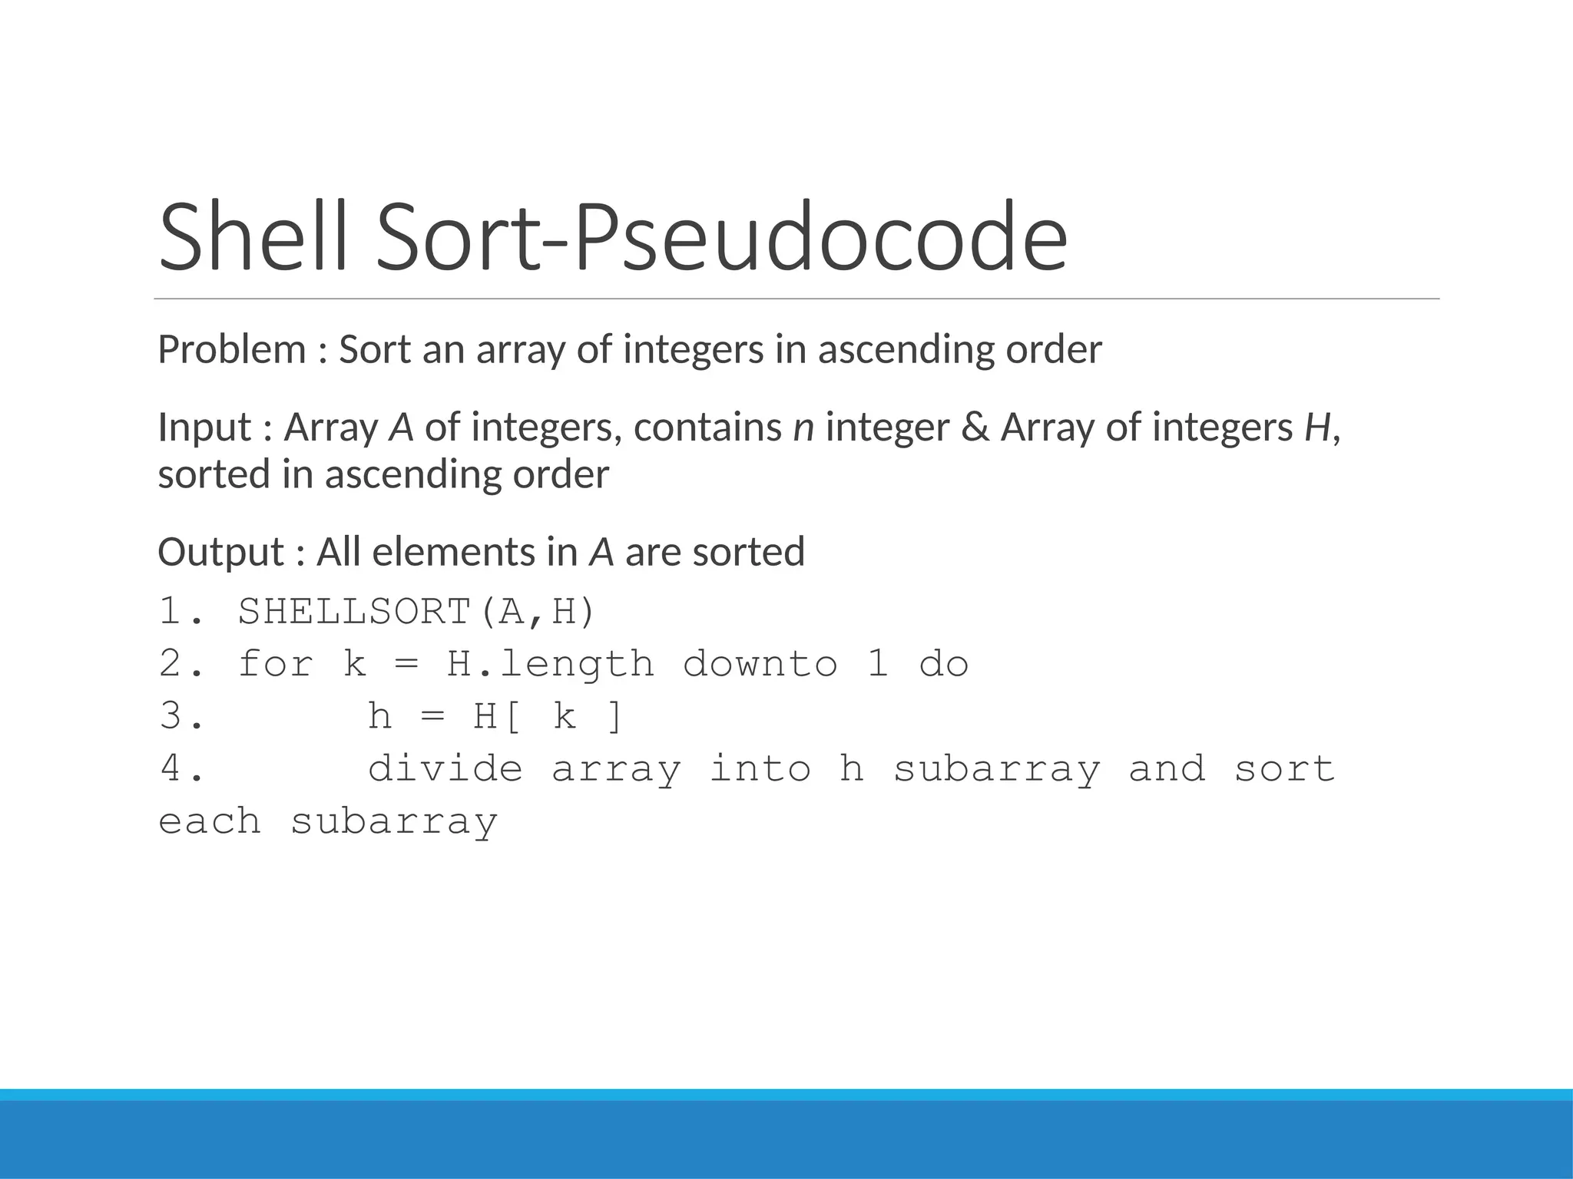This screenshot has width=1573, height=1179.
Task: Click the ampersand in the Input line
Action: coord(975,428)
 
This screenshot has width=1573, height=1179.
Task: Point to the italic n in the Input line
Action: coord(803,428)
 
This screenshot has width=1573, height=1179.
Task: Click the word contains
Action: coord(707,428)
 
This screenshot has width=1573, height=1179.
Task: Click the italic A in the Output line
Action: coord(601,552)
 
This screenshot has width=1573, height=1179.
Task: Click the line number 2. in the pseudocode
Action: coord(181,664)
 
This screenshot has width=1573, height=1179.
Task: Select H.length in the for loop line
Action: coord(550,664)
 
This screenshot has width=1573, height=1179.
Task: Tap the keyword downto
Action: coord(760,664)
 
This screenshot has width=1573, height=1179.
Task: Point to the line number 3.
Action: coord(181,716)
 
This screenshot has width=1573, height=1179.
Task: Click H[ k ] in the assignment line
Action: coord(547,716)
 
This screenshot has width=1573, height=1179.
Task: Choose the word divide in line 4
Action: coord(445,768)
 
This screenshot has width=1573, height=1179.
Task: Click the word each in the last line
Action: coord(209,821)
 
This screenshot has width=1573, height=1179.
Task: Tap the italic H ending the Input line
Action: coord(1316,428)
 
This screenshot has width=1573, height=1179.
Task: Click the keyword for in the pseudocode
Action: coord(276,664)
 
